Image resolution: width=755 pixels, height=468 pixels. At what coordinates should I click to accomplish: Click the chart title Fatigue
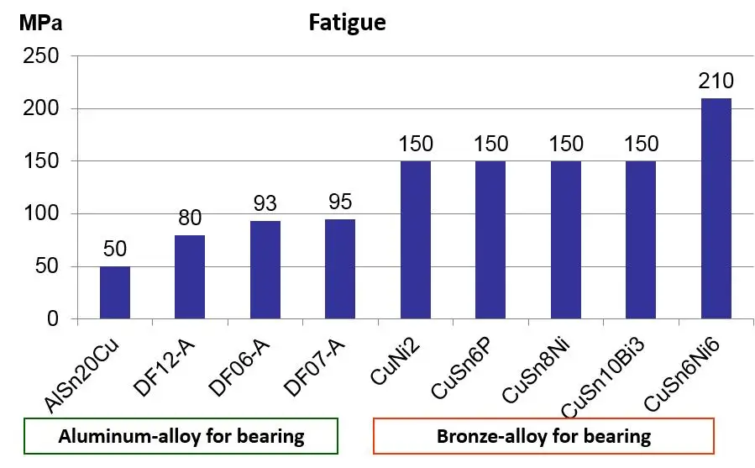[x=347, y=22]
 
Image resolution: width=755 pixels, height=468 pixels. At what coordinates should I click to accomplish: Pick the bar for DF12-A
[x=190, y=277]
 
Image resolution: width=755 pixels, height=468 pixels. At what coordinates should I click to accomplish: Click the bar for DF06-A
[x=265, y=270]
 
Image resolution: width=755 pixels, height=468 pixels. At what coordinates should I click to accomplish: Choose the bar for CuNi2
[x=416, y=239]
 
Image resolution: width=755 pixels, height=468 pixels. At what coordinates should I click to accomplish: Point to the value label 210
[x=716, y=82]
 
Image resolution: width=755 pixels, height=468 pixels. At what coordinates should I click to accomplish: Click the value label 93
[x=265, y=204]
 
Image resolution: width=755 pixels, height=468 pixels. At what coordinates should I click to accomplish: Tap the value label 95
[x=340, y=202]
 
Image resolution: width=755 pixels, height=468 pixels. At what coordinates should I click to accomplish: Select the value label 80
[x=190, y=218]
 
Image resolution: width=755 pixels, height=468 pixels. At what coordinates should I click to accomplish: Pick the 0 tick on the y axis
[x=53, y=319]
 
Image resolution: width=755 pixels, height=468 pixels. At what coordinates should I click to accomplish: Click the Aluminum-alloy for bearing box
[x=181, y=437]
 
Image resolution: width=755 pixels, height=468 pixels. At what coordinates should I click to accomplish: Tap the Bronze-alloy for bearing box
[x=543, y=437]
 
